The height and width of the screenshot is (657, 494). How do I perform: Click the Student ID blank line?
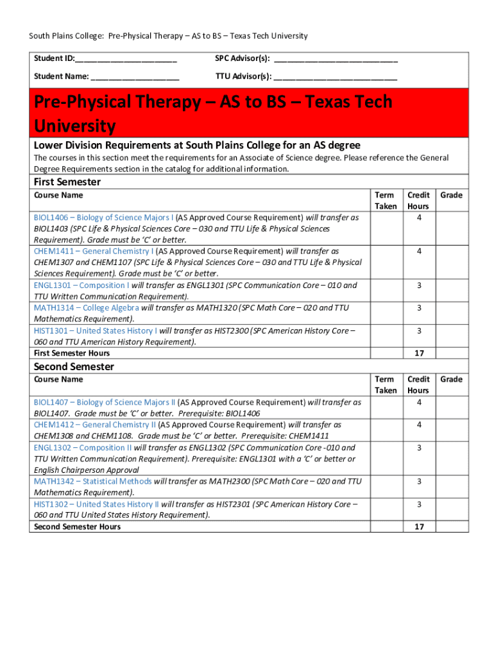click(126, 60)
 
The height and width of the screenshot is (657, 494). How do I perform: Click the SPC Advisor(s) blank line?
click(336, 60)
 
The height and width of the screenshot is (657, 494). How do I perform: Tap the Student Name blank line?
click(135, 78)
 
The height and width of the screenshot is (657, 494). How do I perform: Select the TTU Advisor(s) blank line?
click(335, 78)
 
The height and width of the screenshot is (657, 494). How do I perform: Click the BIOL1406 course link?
click(103, 218)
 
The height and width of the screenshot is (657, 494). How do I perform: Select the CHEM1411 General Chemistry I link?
click(94, 252)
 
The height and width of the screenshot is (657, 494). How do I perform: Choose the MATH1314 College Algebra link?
click(86, 308)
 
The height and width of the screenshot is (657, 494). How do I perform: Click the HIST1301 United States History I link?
click(95, 331)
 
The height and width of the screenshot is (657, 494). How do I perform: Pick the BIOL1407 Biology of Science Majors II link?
click(105, 402)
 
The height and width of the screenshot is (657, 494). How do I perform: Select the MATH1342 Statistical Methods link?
click(92, 481)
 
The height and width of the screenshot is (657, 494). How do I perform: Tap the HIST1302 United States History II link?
click(96, 504)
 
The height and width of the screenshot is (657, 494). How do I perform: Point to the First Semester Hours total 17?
click(418, 354)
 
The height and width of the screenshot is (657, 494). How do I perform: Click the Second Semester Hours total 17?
click(418, 527)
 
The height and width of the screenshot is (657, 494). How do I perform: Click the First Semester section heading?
click(67, 182)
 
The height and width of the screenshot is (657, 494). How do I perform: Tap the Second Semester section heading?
click(74, 367)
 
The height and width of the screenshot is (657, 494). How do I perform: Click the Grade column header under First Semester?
click(451, 195)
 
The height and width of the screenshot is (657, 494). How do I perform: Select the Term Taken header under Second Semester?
click(385, 385)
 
